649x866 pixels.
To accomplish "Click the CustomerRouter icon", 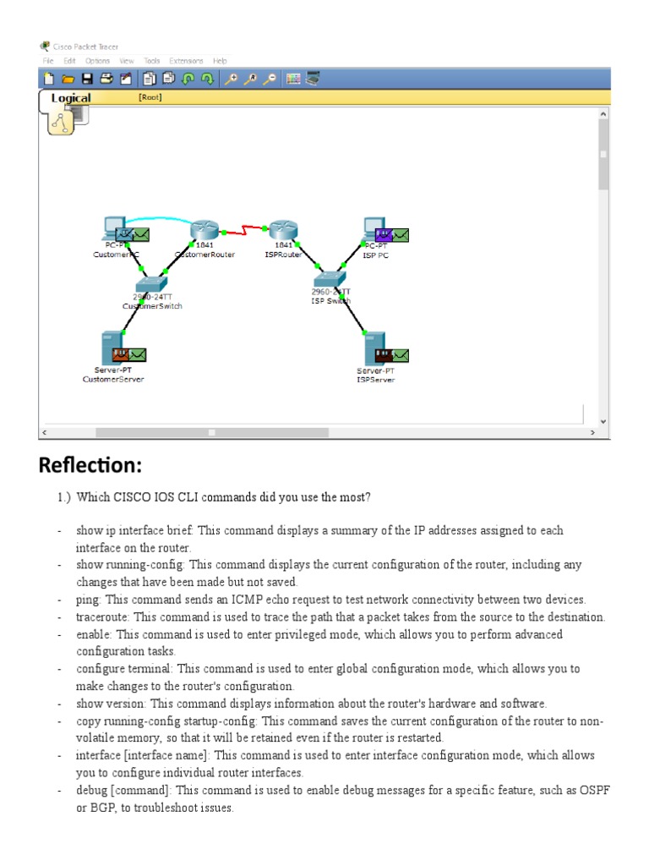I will tap(205, 230).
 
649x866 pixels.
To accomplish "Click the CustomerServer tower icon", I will tap(109, 348).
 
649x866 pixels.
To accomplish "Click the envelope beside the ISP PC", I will tap(401, 234).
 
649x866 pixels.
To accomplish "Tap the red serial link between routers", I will tap(244, 229).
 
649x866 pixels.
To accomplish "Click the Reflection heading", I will tap(90, 466).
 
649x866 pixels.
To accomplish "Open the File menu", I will tap(48, 61).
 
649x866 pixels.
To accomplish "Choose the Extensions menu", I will tap(186, 61).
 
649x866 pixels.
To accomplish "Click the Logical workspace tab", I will tap(71, 98).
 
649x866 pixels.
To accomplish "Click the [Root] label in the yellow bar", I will tap(150, 97).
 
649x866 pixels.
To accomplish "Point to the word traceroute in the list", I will tap(104, 617).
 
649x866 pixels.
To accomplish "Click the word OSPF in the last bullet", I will tap(595, 790).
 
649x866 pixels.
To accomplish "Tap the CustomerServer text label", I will tap(113, 380).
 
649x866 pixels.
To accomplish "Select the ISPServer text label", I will tap(375, 380).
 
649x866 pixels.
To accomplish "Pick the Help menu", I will tap(220, 61).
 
